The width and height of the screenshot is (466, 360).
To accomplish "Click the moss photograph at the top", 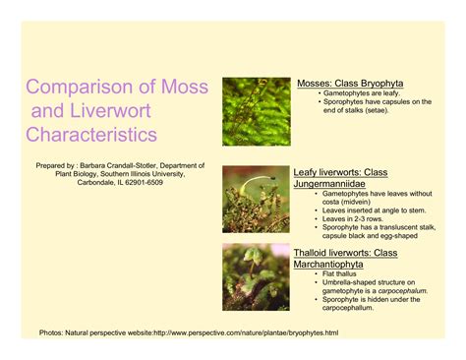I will point(256,111).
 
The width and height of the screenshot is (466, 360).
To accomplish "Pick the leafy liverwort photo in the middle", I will point(256,199).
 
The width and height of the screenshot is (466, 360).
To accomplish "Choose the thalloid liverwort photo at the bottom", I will point(256,277).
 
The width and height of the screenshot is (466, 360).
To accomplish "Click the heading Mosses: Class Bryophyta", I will point(350,84).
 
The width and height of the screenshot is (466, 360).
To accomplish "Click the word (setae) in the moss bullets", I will point(371,110).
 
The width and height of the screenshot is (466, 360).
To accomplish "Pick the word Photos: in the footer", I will point(51,333).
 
